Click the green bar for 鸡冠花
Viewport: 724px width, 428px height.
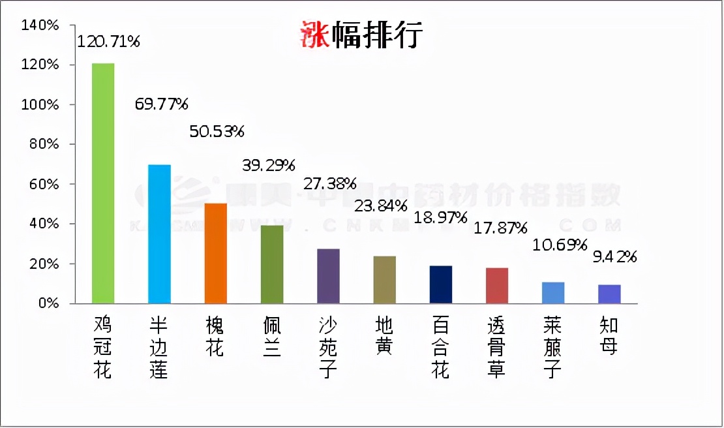click(103, 183)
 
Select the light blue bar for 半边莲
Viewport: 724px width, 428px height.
click(159, 234)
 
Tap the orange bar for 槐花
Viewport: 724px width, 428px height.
click(216, 253)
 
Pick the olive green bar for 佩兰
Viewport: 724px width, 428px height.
click(272, 264)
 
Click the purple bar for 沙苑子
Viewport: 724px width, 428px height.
click(328, 276)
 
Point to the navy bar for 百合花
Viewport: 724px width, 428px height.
click(441, 284)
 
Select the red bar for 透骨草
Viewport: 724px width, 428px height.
click(497, 286)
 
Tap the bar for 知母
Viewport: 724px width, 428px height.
click(609, 294)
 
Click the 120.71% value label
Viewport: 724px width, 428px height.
click(108, 42)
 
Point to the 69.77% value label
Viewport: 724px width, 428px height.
click(161, 104)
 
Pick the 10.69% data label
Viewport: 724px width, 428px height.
click(560, 246)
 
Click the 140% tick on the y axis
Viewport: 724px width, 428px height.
click(40, 25)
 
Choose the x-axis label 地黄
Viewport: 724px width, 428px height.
click(384, 337)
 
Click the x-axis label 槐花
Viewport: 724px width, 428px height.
click(215, 337)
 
